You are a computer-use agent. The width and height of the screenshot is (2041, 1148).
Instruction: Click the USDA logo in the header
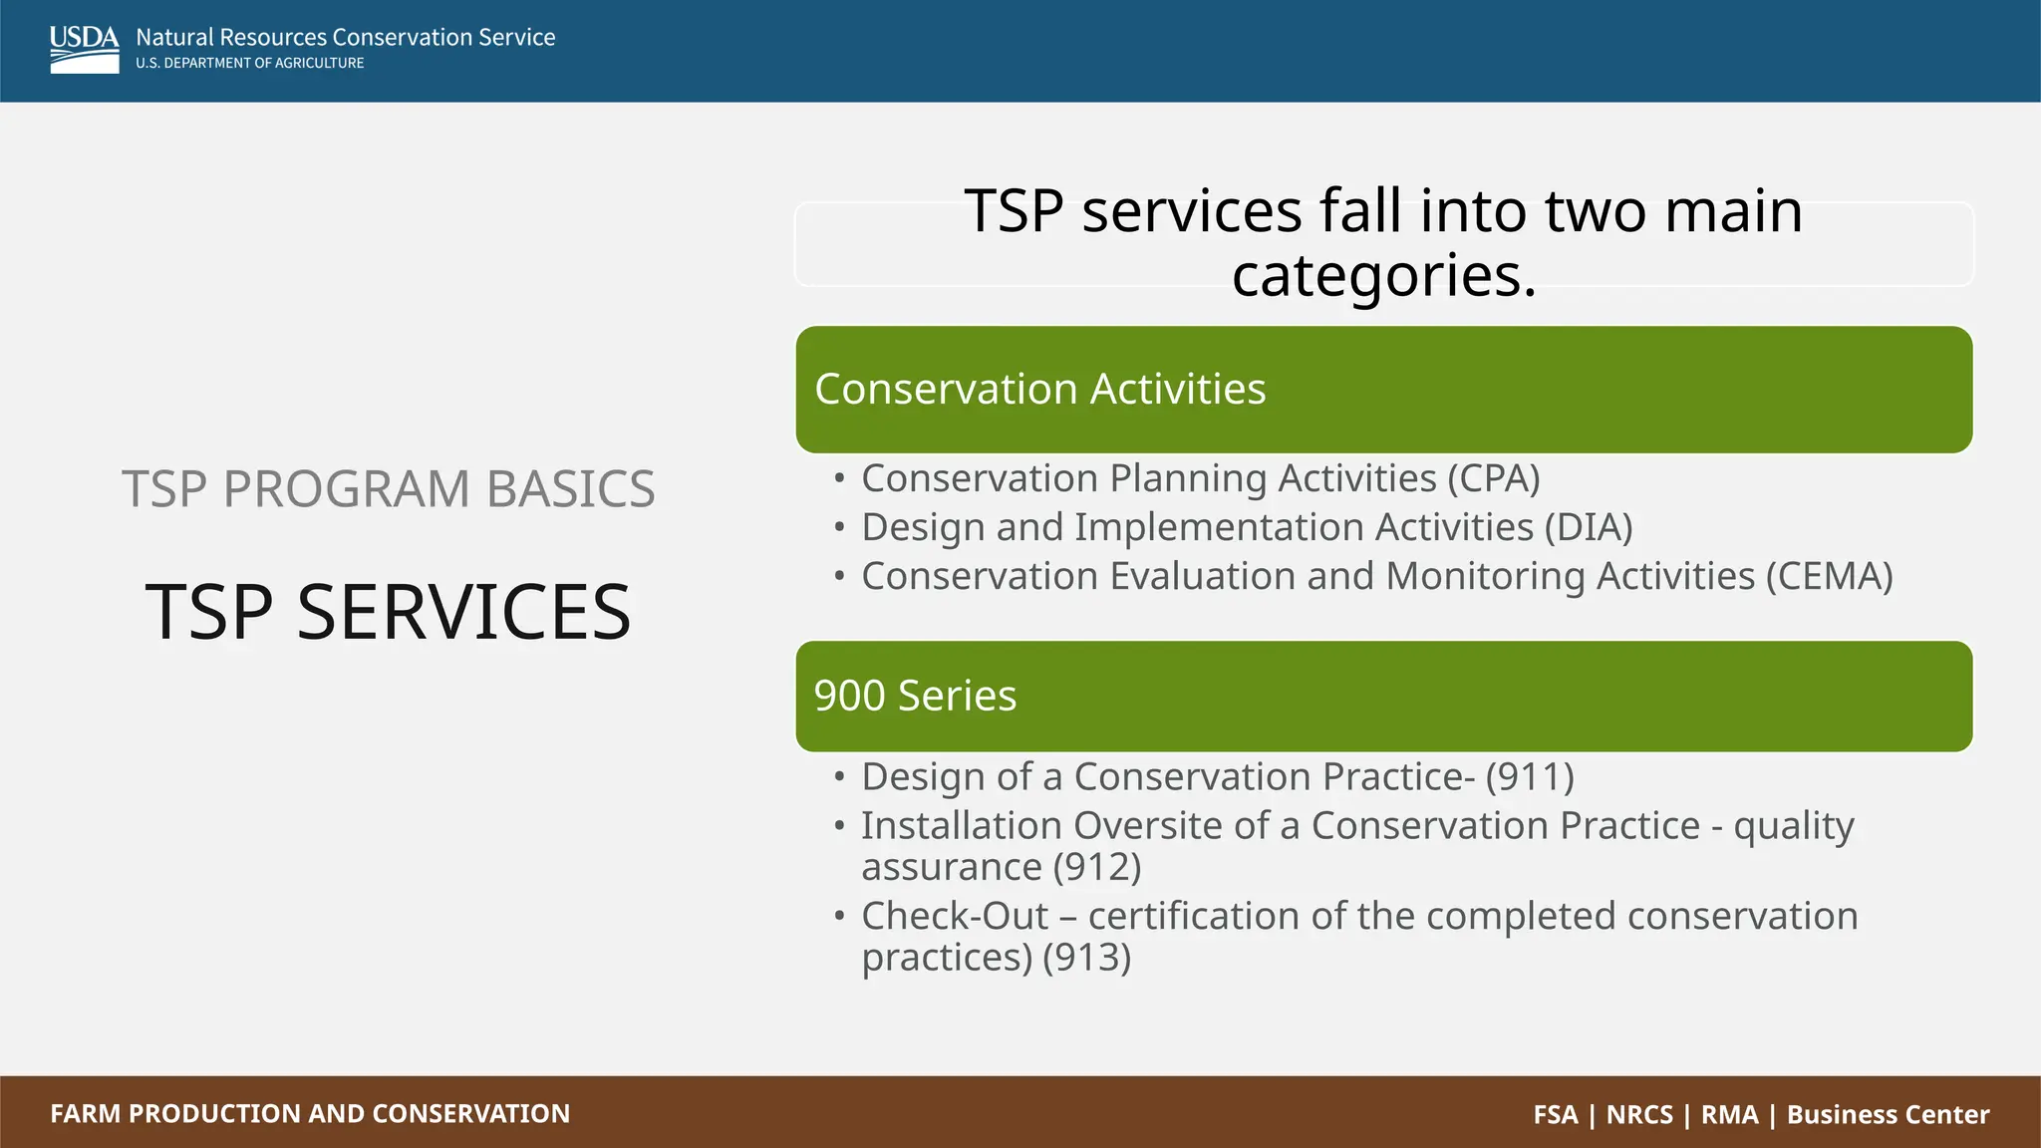[x=84, y=49]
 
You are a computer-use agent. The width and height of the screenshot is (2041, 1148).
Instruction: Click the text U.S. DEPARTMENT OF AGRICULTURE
[x=249, y=63]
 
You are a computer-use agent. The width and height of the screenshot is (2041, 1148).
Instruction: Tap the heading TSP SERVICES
[x=388, y=612]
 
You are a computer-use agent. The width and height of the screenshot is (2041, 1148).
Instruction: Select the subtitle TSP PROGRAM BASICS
[x=388, y=489]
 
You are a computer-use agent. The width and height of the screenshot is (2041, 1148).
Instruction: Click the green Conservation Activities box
[x=1383, y=390]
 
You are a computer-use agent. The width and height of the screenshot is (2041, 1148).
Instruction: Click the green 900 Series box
[x=1383, y=697]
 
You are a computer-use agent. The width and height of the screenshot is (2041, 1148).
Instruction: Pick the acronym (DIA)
[x=1588, y=528]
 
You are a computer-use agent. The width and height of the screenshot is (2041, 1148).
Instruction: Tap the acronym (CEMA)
[x=1829, y=577]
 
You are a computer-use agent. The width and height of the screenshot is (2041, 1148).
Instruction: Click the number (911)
[x=1529, y=777]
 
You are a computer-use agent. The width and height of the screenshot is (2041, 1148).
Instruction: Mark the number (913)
[x=1086, y=958]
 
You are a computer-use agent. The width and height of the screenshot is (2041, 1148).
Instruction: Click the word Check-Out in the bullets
[x=954, y=917]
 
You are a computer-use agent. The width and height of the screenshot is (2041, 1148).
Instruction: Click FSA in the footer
[x=1555, y=1114]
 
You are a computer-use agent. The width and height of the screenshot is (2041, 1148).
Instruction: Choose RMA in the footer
[x=1729, y=1114]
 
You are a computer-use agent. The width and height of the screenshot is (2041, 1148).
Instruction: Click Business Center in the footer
[x=1888, y=1114]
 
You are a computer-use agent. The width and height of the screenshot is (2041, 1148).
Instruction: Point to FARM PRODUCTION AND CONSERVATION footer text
[x=310, y=1113]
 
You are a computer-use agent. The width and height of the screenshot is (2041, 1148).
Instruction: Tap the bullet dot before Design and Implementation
[x=839, y=526]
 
